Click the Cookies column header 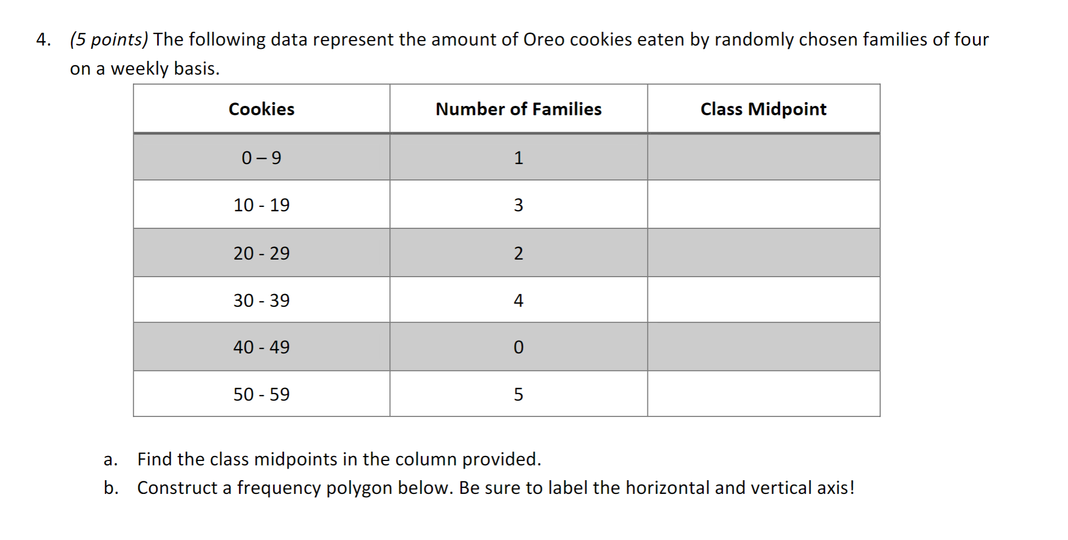(261, 109)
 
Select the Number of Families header (518, 109)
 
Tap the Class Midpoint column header (763, 109)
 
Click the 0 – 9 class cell (261, 158)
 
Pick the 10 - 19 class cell (261, 205)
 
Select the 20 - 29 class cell (261, 253)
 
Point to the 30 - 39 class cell (261, 301)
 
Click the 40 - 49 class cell (261, 347)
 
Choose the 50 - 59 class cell (261, 395)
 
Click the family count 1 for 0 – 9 (518, 158)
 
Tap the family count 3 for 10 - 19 (518, 205)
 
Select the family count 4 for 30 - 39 (518, 301)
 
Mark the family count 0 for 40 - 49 (518, 347)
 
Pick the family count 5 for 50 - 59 (518, 395)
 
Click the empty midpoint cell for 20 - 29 (763, 253)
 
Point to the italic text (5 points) (109, 40)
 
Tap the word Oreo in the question (544, 40)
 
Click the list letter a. (110, 459)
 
